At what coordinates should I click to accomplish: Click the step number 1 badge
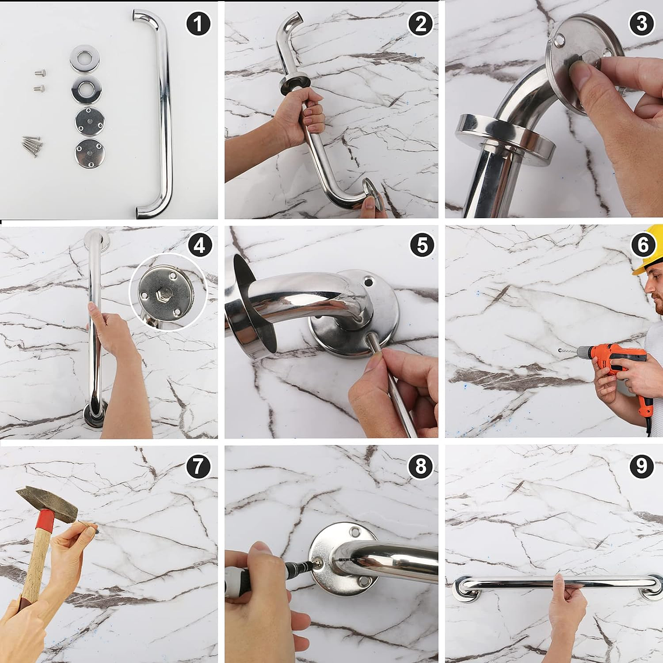click(198, 24)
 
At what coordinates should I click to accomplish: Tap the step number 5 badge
click(422, 245)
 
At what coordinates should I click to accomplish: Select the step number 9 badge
click(641, 466)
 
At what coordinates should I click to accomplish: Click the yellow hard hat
click(650, 249)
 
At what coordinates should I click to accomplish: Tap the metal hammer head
click(47, 504)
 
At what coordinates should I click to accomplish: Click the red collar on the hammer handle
click(44, 521)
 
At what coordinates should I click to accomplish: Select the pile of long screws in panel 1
click(32, 145)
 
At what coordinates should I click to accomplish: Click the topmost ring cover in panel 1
click(84, 58)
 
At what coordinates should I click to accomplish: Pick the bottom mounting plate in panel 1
click(90, 153)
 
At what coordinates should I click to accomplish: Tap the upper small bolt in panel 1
click(40, 73)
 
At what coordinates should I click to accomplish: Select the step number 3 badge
click(641, 24)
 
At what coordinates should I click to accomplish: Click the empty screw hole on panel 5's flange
click(369, 281)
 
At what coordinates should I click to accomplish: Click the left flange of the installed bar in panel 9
click(466, 589)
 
